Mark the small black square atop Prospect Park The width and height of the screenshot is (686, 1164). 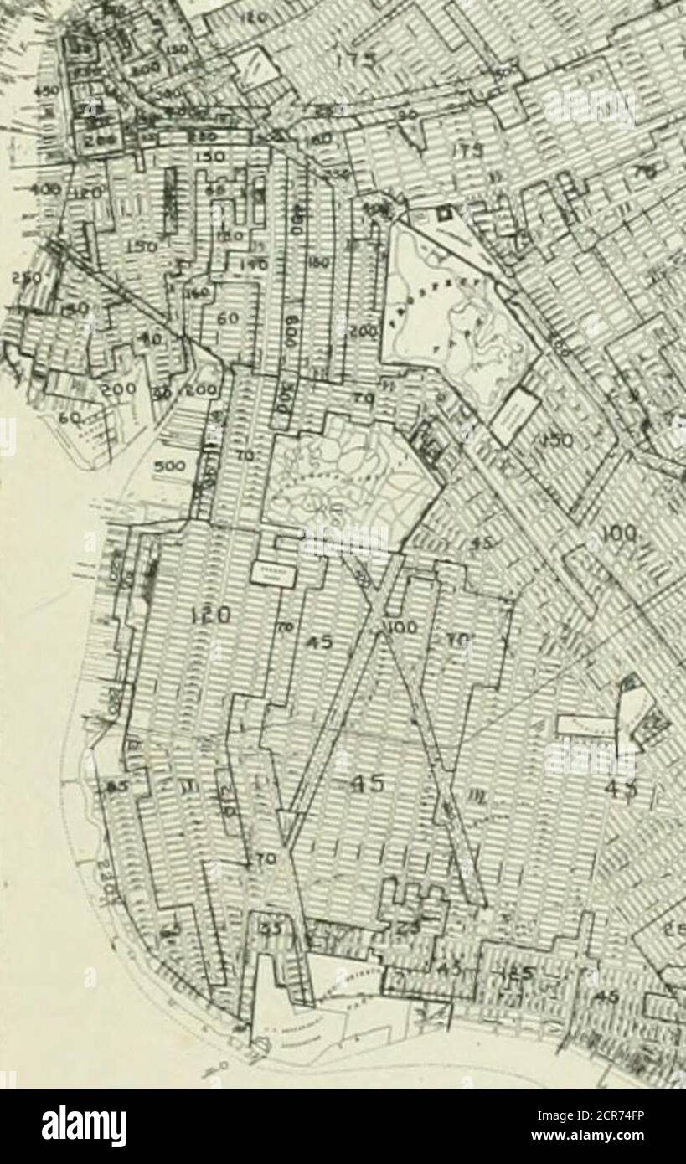point(444,214)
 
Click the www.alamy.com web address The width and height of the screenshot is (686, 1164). point(617,1138)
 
